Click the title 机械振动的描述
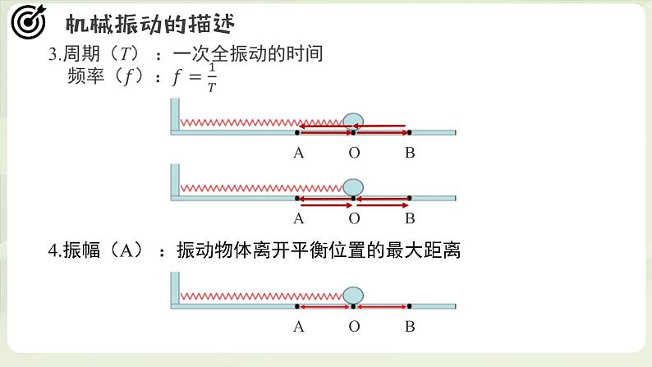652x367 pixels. (x=149, y=23)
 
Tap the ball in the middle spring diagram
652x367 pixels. (x=353, y=186)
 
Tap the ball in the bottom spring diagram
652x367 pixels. (x=353, y=295)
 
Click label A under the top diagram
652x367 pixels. (x=298, y=152)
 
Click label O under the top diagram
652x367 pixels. (x=354, y=152)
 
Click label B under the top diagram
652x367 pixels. (x=410, y=152)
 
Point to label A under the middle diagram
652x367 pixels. (x=298, y=218)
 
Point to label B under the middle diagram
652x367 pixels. (x=410, y=218)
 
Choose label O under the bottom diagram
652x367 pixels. (x=354, y=327)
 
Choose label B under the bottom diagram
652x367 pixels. (x=410, y=327)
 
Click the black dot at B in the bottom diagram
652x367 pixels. (x=410, y=306)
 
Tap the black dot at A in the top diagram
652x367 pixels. (x=297, y=131)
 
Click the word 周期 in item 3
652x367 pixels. (x=84, y=55)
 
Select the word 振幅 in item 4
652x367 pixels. (x=83, y=251)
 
